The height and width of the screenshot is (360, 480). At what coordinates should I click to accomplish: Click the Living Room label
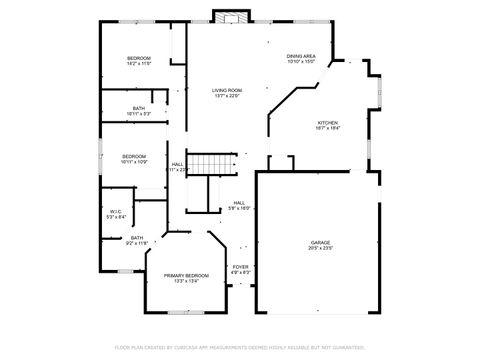[227, 91]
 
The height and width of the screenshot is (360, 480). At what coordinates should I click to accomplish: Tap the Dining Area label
[301, 56]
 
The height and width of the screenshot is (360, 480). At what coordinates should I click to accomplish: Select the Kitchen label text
[328, 122]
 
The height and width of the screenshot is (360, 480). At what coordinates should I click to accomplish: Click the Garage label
[320, 242]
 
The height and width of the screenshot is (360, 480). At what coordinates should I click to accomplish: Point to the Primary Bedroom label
[188, 275]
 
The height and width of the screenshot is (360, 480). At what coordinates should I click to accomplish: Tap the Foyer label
[241, 267]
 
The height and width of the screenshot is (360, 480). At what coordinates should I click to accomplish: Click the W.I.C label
[115, 211]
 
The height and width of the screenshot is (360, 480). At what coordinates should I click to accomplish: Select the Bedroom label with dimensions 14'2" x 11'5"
[138, 59]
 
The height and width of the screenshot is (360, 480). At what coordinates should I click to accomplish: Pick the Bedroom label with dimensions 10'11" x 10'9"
[134, 156]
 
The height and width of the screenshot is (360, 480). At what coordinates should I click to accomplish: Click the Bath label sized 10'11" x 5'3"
[138, 108]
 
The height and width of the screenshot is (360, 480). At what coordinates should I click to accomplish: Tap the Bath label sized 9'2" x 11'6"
[136, 238]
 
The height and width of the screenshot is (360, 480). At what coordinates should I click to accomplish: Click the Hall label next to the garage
[239, 202]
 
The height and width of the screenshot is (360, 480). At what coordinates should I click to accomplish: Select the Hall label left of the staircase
[177, 164]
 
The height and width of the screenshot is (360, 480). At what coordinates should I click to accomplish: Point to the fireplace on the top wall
[232, 17]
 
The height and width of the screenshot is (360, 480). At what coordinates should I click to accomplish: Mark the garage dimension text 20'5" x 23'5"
[320, 248]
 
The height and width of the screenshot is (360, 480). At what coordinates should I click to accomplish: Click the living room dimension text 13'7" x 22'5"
[227, 97]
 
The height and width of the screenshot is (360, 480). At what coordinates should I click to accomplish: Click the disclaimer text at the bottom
[240, 347]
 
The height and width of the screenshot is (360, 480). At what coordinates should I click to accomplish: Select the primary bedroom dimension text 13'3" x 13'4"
[188, 281]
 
